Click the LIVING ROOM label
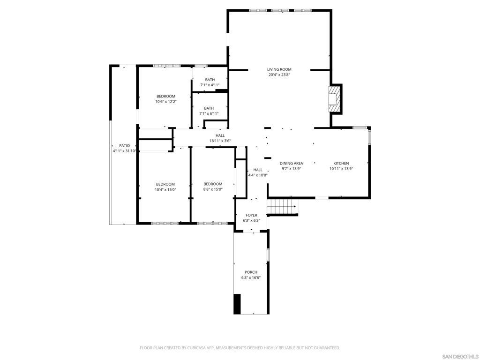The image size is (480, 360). pyautogui.click(x=279, y=69)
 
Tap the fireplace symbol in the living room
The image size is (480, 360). pyautogui.click(x=335, y=99)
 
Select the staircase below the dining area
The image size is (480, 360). pyautogui.click(x=282, y=205)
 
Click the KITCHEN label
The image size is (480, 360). pyautogui.click(x=341, y=164)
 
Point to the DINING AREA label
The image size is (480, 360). pyautogui.click(x=291, y=164)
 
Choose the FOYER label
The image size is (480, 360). pyautogui.click(x=251, y=215)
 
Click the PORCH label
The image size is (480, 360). pyautogui.click(x=251, y=272)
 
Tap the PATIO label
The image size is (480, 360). pyautogui.click(x=124, y=146)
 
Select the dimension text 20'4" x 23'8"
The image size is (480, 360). pyautogui.click(x=279, y=75)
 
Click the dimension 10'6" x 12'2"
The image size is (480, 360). pyautogui.click(x=166, y=102)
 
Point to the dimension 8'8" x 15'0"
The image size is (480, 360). pyautogui.click(x=213, y=189)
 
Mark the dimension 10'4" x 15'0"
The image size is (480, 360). pyautogui.click(x=165, y=189)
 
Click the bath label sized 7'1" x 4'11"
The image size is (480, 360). pyautogui.click(x=210, y=80)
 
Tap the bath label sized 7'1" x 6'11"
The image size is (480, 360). pyautogui.click(x=209, y=108)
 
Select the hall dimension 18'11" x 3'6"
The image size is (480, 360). pyautogui.click(x=220, y=141)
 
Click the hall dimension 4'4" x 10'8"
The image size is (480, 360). pyautogui.click(x=258, y=175)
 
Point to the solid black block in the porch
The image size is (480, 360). pyautogui.click(x=237, y=304)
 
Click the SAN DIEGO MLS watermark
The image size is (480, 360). pyautogui.click(x=460, y=357)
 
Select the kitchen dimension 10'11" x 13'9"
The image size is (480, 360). pyautogui.click(x=341, y=169)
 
